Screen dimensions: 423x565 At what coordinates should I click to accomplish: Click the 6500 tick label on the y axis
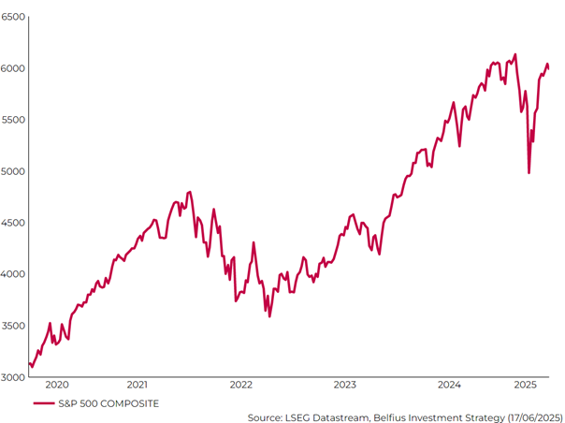click(x=13, y=17)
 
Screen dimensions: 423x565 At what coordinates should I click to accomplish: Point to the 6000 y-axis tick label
click(x=13, y=68)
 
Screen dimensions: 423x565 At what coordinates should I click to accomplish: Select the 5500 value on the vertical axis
click(x=13, y=120)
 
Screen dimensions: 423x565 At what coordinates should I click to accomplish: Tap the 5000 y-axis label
click(x=13, y=171)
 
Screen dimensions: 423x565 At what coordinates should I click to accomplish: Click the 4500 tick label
click(x=13, y=223)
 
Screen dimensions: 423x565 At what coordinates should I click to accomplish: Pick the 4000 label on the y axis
click(x=13, y=274)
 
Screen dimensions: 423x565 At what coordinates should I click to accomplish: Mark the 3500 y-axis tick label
click(x=13, y=326)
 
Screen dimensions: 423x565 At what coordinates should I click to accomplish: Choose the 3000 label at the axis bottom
click(x=13, y=377)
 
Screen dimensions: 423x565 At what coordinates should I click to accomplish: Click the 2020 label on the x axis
click(x=57, y=385)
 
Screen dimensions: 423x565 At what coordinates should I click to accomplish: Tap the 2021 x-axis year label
click(x=137, y=385)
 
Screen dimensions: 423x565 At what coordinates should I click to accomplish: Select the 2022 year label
click(x=241, y=385)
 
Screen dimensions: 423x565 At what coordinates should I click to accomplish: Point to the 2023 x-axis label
click(x=345, y=385)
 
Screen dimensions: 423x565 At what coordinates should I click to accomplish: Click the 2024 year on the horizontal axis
click(x=449, y=385)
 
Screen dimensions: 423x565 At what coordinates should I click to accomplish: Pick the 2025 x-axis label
click(x=526, y=385)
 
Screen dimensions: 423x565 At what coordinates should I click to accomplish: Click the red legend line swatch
click(x=43, y=403)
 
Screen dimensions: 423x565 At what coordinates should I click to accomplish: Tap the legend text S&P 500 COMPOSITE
click(x=109, y=403)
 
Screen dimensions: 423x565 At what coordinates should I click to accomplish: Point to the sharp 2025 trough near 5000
click(x=529, y=172)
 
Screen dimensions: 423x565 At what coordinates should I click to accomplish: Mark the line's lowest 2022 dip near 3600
click(x=269, y=316)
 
